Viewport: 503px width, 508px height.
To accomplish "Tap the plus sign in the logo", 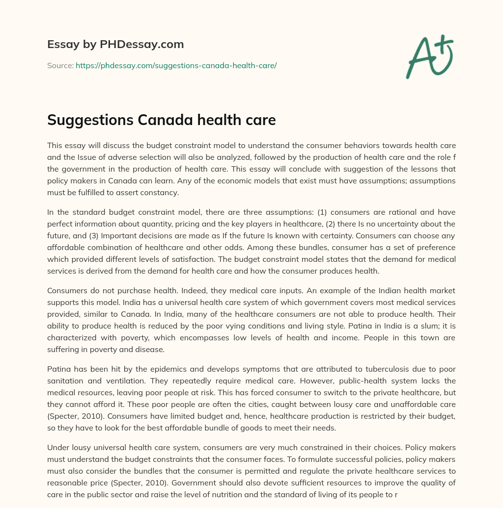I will (444, 44).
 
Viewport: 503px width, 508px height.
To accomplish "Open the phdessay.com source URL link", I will (176, 65).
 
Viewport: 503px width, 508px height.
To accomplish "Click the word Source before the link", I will (60, 65).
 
